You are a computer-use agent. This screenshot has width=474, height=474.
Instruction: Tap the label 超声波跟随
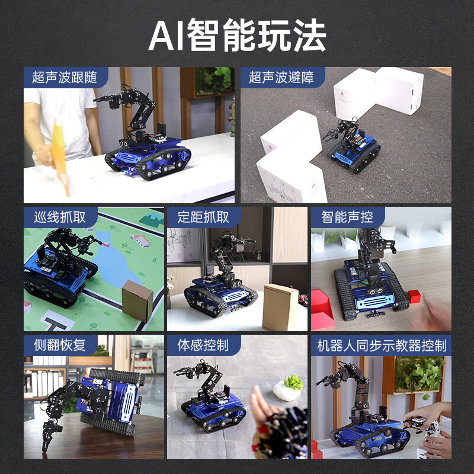pos(66,77)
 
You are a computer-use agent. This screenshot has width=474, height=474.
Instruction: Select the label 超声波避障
pos(281,77)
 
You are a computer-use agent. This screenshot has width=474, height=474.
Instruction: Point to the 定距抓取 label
pos(203,217)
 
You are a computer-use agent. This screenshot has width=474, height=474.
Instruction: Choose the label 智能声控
pos(347,217)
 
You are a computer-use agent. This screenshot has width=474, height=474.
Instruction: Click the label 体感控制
pos(203,345)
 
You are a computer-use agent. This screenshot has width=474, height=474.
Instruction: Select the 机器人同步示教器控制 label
pos(382,345)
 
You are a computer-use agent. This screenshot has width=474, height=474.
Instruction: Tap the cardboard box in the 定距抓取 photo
pos(280,307)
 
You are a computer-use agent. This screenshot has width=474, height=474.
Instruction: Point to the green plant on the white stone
pos(292,382)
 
